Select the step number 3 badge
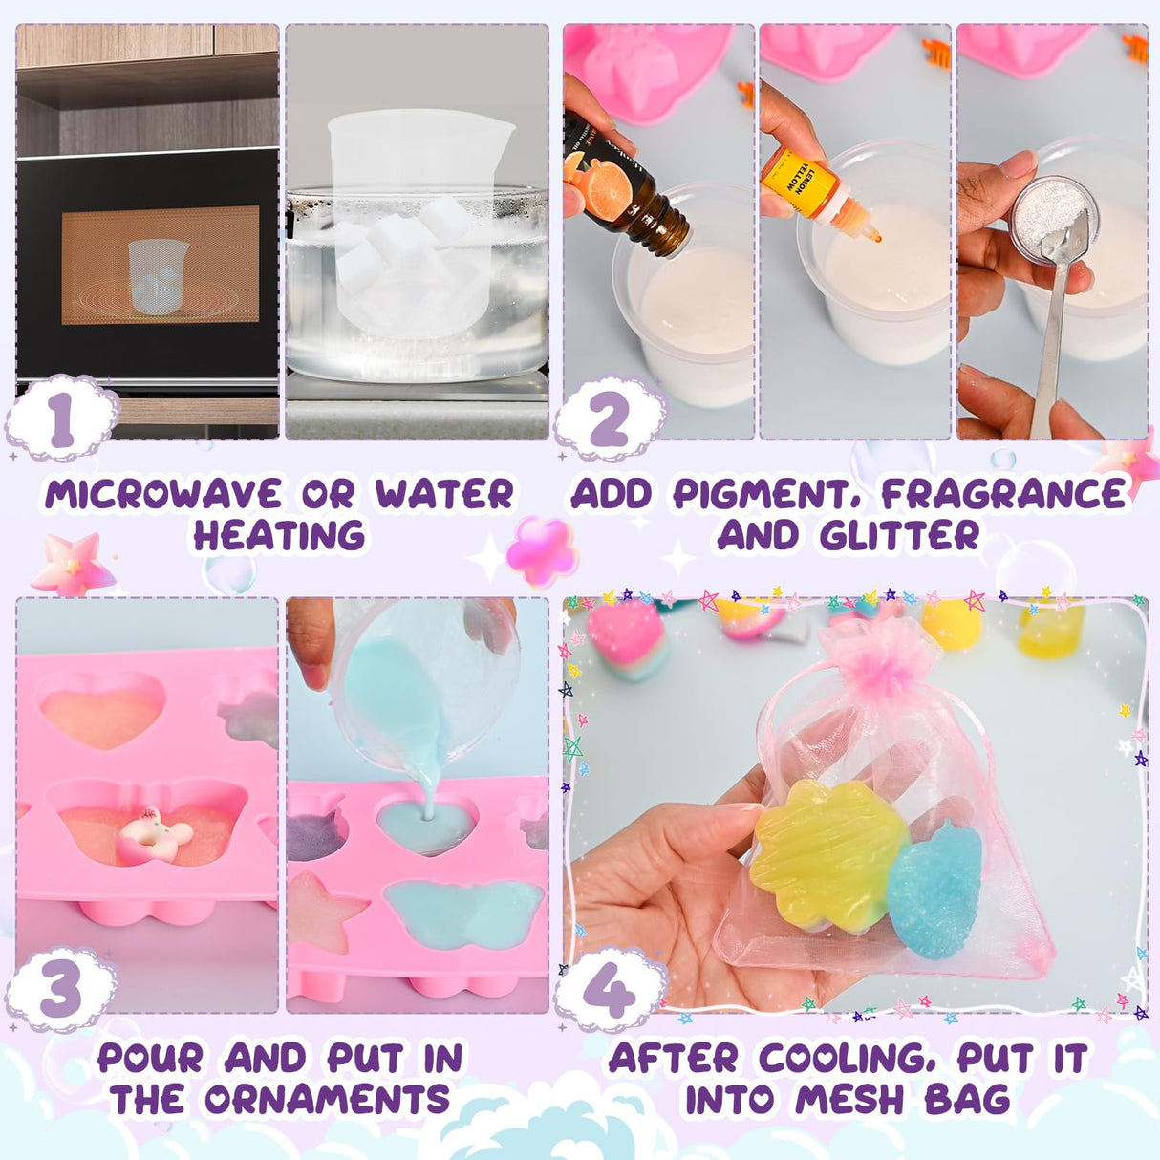coord(61,990)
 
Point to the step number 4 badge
coord(609,990)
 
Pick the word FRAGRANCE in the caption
coord(1003,494)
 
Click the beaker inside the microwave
coord(158,275)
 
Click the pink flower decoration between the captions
coord(542,551)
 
